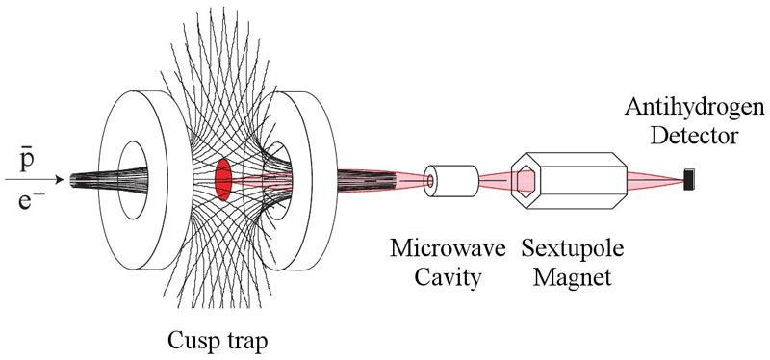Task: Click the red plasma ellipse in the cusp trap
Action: tap(223, 179)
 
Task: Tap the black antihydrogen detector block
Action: tap(689, 179)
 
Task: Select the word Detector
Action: tap(694, 136)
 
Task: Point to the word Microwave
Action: tap(448, 249)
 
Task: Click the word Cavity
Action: tap(448, 277)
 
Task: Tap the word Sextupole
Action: tap(573, 250)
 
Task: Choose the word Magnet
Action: tap(573, 278)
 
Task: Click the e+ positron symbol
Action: tap(29, 199)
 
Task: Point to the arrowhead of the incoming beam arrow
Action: tap(60, 180)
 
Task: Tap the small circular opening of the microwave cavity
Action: tap(430, 181)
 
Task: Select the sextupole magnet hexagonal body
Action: tap(569, 180)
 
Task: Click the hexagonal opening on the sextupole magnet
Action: tap(525, 181)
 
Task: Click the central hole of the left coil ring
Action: tap(133, 180)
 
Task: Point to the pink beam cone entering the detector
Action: tap(656, 180)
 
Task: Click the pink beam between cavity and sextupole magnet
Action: tap(495, 181)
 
